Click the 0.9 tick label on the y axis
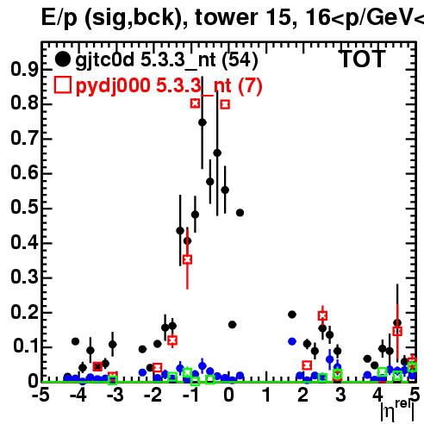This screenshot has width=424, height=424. (x=24, y=69)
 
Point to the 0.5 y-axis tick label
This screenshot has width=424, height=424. (x=24, y=208)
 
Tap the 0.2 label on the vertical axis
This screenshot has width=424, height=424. (x=24, y=312)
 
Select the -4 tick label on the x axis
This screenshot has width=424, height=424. (x=78, y=395)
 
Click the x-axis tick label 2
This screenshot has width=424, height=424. (x=303, y=395)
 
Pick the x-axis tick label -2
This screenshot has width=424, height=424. (x=153, y=395)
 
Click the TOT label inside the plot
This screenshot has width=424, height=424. (x=362, y=59)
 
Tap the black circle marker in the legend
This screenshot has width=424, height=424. (x=62, y=59)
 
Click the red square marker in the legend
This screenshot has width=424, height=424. (x=63, y=85)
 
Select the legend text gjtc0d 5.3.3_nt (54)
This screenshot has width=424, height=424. (x=167, y=60)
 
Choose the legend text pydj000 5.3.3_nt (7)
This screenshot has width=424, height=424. (x=169, y=86)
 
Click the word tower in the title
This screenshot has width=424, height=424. (x=227, y=17)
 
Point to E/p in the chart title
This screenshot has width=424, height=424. (x=59, y=18)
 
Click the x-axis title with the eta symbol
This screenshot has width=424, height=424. (x=398, y=409)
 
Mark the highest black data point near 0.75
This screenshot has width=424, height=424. (x=203, y=122)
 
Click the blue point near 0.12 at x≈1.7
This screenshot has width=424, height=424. (x=292, y=341)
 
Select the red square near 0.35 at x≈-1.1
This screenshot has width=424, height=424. (x=187, y=259)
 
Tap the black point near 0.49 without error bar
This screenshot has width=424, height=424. (x=240, y=213)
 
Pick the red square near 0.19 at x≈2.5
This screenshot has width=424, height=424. (x=322, y=316)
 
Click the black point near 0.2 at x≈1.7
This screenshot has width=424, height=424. (x=292, y=315)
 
